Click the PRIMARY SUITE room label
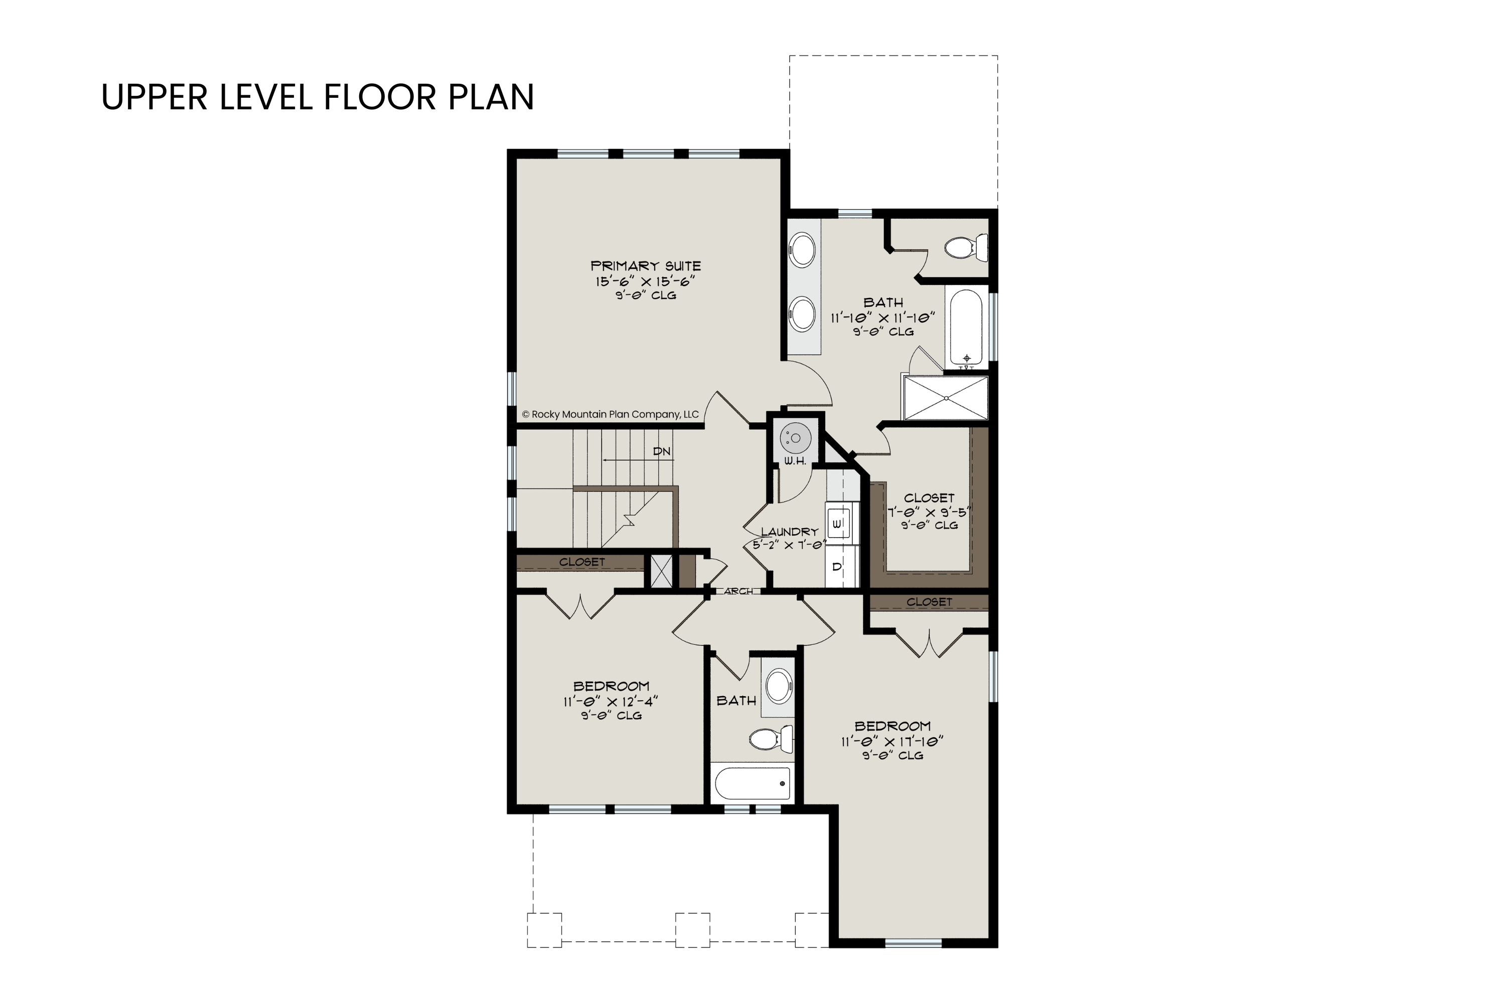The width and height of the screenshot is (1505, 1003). (x=646, y=265)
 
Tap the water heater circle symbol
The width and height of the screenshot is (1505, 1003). (x=795, y=438)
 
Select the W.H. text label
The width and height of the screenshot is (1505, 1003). (x=795, y=461)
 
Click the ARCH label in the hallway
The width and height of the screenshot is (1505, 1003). (x=738, y=591)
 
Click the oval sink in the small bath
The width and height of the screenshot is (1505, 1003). (x=779, y=685)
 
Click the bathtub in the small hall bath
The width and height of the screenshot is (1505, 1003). (x=752, y=783)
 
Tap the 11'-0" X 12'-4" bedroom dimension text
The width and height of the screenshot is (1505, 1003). (x=611, y=701)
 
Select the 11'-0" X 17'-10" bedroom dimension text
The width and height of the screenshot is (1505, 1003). (x=892, y=741)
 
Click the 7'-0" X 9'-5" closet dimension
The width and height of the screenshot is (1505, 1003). (x=929, y=512)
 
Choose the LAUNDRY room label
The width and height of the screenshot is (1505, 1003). (x=790, y=532)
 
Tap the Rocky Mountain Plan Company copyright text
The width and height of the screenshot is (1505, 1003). (x=611, y=415)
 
